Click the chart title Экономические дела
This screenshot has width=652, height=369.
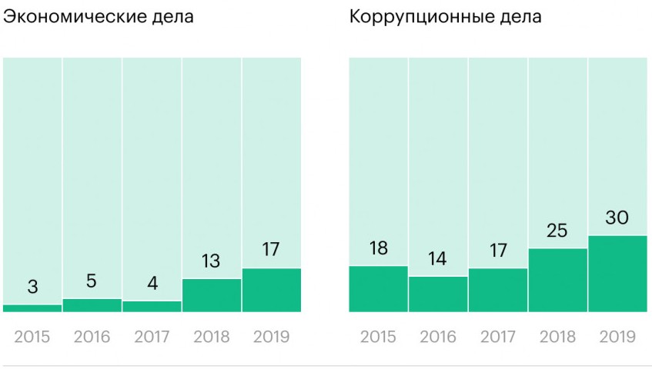coord(99,17)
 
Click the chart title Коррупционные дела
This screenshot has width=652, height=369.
coord(446,17)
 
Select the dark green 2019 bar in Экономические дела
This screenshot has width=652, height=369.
coord(271,290)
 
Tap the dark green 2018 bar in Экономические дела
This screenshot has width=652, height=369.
coord(212,295)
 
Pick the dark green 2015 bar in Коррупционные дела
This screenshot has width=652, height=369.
coord(378,289)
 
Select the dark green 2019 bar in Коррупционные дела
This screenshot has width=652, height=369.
coord(617,274)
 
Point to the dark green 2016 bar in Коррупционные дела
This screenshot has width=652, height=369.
coord(438,294)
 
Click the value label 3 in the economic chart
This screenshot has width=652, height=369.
coord(32,288)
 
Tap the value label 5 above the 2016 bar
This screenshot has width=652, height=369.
coord(92,281)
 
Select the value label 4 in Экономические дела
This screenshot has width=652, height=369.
coord(152,284)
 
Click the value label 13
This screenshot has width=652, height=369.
coord(212,261)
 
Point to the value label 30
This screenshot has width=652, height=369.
coord(617,218)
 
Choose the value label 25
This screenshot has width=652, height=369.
coord(557,231)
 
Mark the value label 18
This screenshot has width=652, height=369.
coord(378,249)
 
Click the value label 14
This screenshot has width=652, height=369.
coord(438,259)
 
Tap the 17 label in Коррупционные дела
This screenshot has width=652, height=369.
coord(497,251)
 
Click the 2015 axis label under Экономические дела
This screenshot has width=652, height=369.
coord(32,337)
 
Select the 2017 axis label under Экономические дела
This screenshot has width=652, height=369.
coord(152,337)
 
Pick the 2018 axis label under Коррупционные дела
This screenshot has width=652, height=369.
coord(557,337)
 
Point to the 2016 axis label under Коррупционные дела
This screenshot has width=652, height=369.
coord(438,337)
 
